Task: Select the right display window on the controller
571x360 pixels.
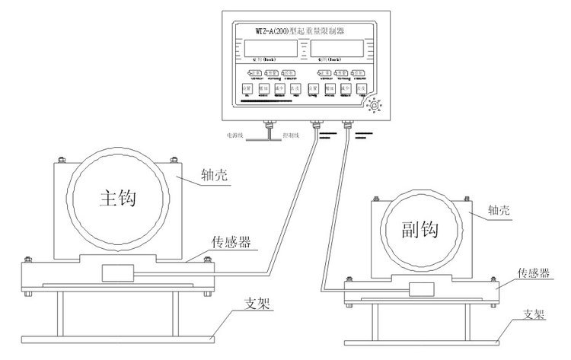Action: click(x=337, y=51)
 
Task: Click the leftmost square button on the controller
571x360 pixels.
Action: click(x=246, y=89)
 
